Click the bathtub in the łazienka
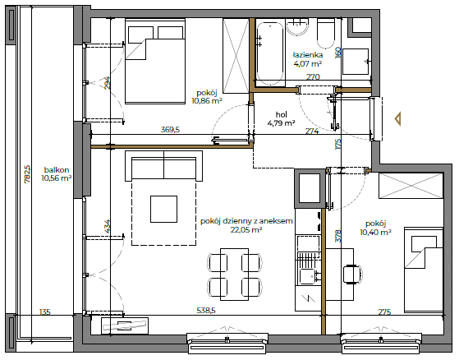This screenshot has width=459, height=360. click(x=270, y=53)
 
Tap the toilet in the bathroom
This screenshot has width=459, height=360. click(x=326, y=34)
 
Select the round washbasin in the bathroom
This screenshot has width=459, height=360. click(x=297, y=27)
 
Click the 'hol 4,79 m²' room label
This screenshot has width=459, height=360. click(x=281, y=118)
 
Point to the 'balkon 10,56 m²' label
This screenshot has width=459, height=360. click(x=57, y=174)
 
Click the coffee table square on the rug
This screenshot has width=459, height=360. click(x=163, y=209)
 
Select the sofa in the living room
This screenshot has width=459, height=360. click(x=163, y=166)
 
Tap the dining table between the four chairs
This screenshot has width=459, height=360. click(x=234, y=275)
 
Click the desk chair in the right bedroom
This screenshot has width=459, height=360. click(x=352, y=275)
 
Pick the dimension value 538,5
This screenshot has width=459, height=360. click(x=206, y=310)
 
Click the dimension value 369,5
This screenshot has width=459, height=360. click(x=170, y=130)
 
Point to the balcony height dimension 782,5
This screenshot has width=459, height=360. click(x=27, y=174)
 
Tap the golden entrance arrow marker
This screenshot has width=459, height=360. click(x=397, y=119)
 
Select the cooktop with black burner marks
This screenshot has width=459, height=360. click(x=309, y=221)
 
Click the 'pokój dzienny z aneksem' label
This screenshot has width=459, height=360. click(x=246, y=221)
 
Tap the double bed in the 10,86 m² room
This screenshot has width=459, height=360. click(x=155, y=61)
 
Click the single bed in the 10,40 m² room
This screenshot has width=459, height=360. click(x=424, y=270)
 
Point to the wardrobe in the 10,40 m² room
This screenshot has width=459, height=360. click(x=411, y=186)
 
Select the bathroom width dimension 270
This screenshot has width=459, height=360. click(x=313, y=76)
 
